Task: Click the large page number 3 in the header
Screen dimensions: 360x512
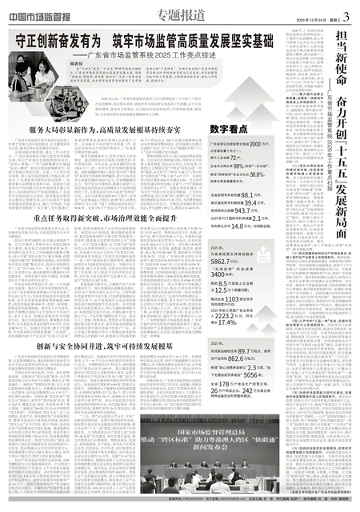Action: coord(347,9)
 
